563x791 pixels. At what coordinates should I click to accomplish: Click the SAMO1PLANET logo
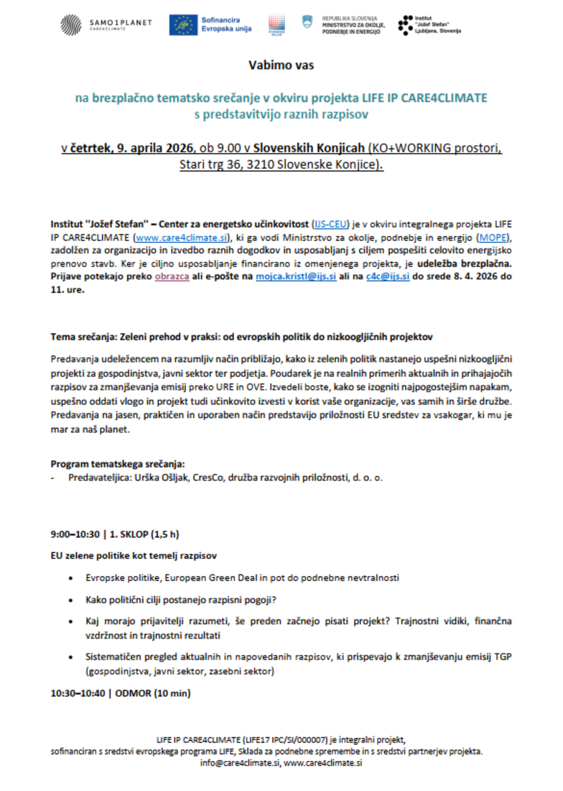coord(106,24)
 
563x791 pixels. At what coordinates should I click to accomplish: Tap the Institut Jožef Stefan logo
coord(430,24)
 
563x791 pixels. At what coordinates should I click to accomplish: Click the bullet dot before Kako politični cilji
coord(70,599)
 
